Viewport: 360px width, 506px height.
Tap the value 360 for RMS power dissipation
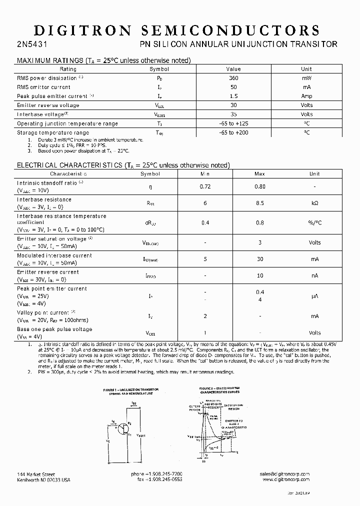(x=233, y=78)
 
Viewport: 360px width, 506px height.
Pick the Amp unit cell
(x=306, y=96)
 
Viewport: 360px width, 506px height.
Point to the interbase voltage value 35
(x=233, y=114)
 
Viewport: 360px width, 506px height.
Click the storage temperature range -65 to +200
(x=233, y=132)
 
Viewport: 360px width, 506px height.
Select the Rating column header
(x=68, y=69)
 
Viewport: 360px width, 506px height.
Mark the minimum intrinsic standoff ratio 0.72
(x=205, y=186)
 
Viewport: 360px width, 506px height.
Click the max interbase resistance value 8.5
(x=260, y=203)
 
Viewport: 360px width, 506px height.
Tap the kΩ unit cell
(x=314, y=203)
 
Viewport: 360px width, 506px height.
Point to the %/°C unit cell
(x=314, y=222)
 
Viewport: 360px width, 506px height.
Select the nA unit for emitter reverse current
(x=314, y=275)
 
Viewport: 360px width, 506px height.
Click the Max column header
(x=260, y=174)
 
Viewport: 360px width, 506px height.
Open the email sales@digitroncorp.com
(x=284, y=474)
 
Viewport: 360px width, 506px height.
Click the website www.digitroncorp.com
(x=286, y=480)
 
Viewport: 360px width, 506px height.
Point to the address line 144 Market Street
(x=36, y=474)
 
